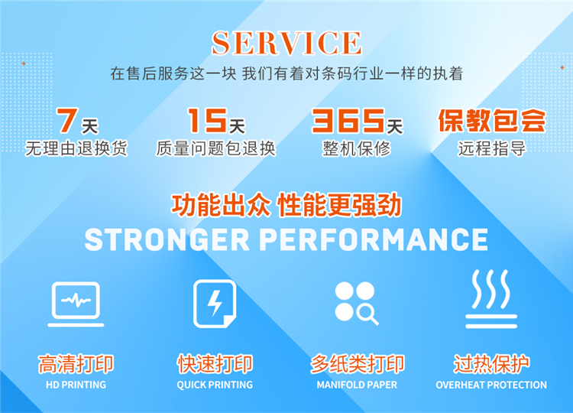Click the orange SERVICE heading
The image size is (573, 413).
click(286, 43)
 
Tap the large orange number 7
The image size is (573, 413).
click(67, 120)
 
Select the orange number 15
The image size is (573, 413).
click(207, 120)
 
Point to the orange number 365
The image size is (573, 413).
click(348, 120)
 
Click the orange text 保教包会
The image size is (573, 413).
click(492, 120)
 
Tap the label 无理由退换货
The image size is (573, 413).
click(76, 148)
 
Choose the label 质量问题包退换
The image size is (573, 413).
click(215, 148)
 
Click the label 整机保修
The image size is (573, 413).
click(356, 148)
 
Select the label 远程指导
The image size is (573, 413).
click(492, 148)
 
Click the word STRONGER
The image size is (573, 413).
click(167, 239)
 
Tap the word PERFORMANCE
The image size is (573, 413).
click(374, 239)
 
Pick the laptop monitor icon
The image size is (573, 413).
click(76, 304)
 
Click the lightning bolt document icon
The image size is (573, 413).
click(215, 304)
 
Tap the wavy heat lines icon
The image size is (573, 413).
click(491, 299)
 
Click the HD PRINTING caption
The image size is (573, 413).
click(76, 385)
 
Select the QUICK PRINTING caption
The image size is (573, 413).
click(215, 385)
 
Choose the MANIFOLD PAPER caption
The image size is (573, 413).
click(357, 385)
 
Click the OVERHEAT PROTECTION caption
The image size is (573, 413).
click(491, 385)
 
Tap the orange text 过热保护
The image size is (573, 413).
click(491, 364)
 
